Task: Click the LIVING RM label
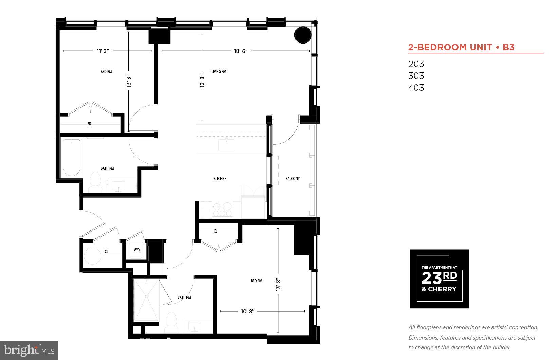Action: [x=218, y=72]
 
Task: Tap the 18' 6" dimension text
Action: [x=240, y=51]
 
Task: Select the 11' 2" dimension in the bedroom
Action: [x=103, y=51]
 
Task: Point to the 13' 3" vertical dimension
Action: [x=129, y=81]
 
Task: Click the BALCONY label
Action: [x=292, y=179]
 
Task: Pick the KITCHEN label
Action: [x=220, y=179]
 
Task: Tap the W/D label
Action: [x=137, y=250]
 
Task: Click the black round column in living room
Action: [x=302, y=35]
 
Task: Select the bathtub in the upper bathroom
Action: [x=72, y=157]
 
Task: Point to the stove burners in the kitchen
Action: [x=222, y=209]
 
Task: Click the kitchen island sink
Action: [x=226, y=144]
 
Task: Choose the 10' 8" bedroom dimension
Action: [x=248, y=311]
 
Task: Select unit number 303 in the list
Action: [x=416, y=76]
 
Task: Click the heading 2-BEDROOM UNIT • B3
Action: [x=461, y=47]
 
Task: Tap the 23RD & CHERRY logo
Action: [x=439, y=279]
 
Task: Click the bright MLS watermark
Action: [x=29, y=350]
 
